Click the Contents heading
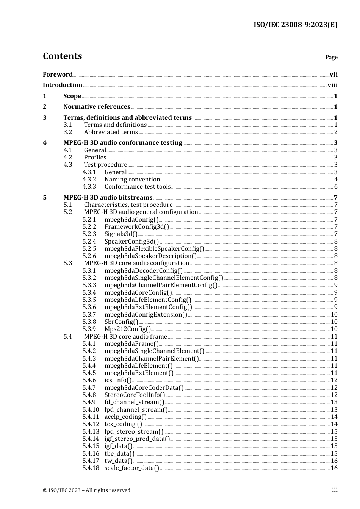tap(62, 56)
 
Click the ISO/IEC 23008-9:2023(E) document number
tap(295, 25)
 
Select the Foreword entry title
tap(58, 74)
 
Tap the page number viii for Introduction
tap(332, 85)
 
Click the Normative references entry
tap(97, 107)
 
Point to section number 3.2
tap(68, 132)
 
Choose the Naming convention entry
tap(132, 180)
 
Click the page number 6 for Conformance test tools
tap(336, 187)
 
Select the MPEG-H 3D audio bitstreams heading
tap(108, 198)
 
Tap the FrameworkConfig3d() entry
tap(137, 227)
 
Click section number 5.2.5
tap(89, 249)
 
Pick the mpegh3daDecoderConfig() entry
tap(144, 271)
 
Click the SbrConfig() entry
tap(121, 322)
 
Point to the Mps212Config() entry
tap(128, 329)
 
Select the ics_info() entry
tap(118, 380)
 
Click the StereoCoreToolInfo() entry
tap(135, 395)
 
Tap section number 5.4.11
tap(91, 417)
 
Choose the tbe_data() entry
tap(119, 454)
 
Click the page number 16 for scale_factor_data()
tap(334, 468)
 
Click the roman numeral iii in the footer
tap(335, 490)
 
